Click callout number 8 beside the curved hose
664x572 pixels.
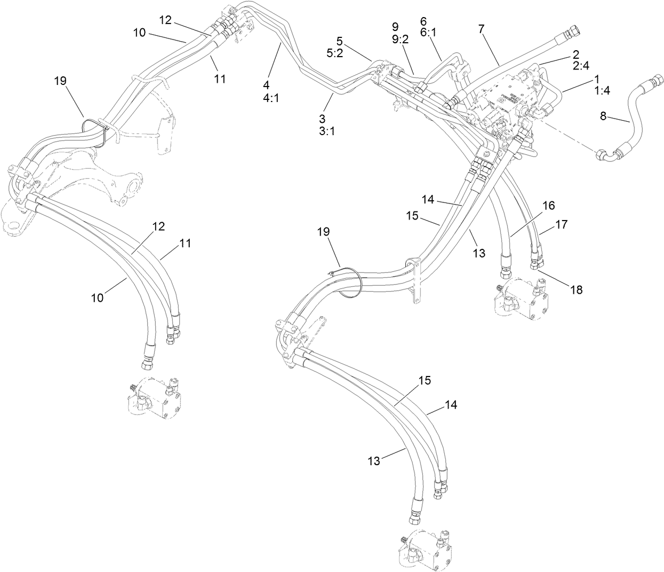(603, 116)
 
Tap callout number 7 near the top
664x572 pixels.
(481, 29)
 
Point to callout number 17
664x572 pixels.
(562, 224)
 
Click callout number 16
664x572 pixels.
(549, 206)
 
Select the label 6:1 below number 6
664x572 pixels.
(428, 33)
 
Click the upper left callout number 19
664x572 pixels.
(60, 81)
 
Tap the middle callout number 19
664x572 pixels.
(324, 232)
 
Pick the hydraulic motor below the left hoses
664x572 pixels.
(155, 398)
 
